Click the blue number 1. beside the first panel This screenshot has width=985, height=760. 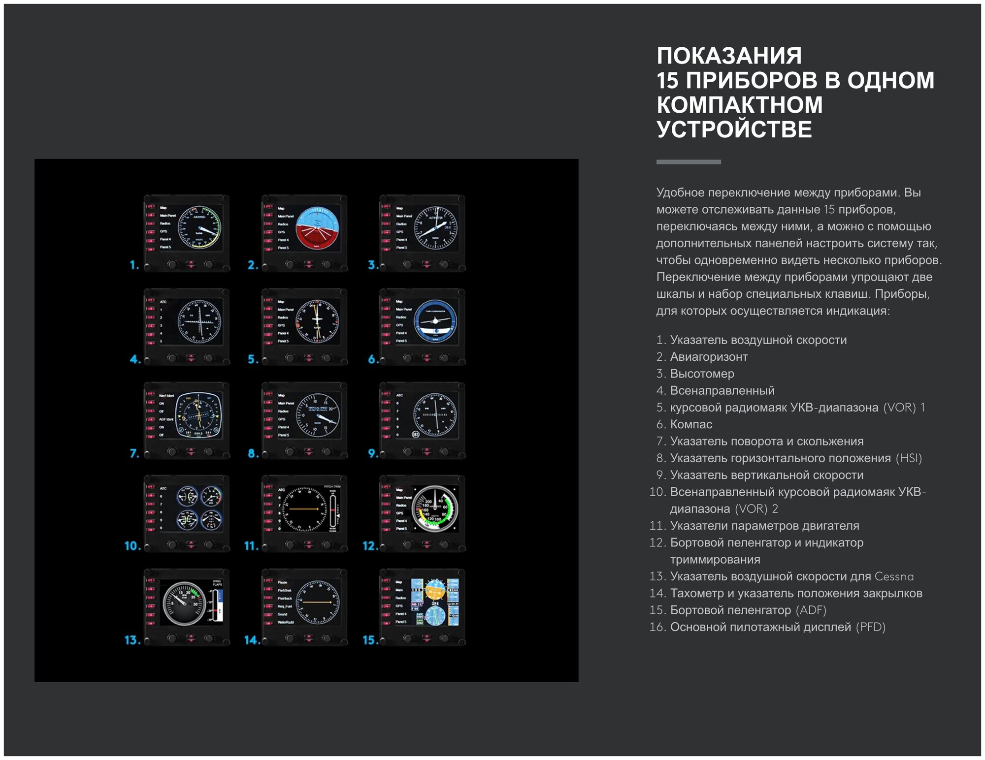pyautogui.click(x=134, y=265)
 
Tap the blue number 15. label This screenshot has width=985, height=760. pyautogui.click(x=370, y=640)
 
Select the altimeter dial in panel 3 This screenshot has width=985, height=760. pyautogui.click(x=435, y=228)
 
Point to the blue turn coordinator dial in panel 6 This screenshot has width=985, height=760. pyautogui.click(x=435, y=321)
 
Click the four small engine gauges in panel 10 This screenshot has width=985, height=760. pyautogui.click(x=199, y=507)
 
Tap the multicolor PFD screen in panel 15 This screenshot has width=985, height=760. pyautogui.click(x=435, y=602)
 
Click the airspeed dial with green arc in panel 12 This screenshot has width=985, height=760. pyautogui.click(x=435, y=508)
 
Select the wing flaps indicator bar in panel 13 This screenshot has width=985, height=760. pyautogui.click(x=218, y=602)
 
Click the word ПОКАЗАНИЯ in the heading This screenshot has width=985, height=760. pyautogui.click(x=729, y=56)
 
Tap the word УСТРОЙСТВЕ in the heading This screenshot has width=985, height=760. pyautogui.click(x=734, y=129)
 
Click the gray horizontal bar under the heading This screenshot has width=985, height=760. pyautogui.click(x=688, y=162)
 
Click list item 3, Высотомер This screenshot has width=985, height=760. pyautogui.click(x=702, y=374)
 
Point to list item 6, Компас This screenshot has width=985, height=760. pyautogui.click(x=691, y=424)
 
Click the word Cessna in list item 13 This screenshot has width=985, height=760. pyautogui.click(x=894, y=576)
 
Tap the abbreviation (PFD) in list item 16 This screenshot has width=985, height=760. pyautogui.click(x=870, y=627)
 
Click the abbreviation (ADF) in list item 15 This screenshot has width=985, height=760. pyautogui.click(x=811, y=610)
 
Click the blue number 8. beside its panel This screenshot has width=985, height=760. pyautogui.click(x=253, y=453)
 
